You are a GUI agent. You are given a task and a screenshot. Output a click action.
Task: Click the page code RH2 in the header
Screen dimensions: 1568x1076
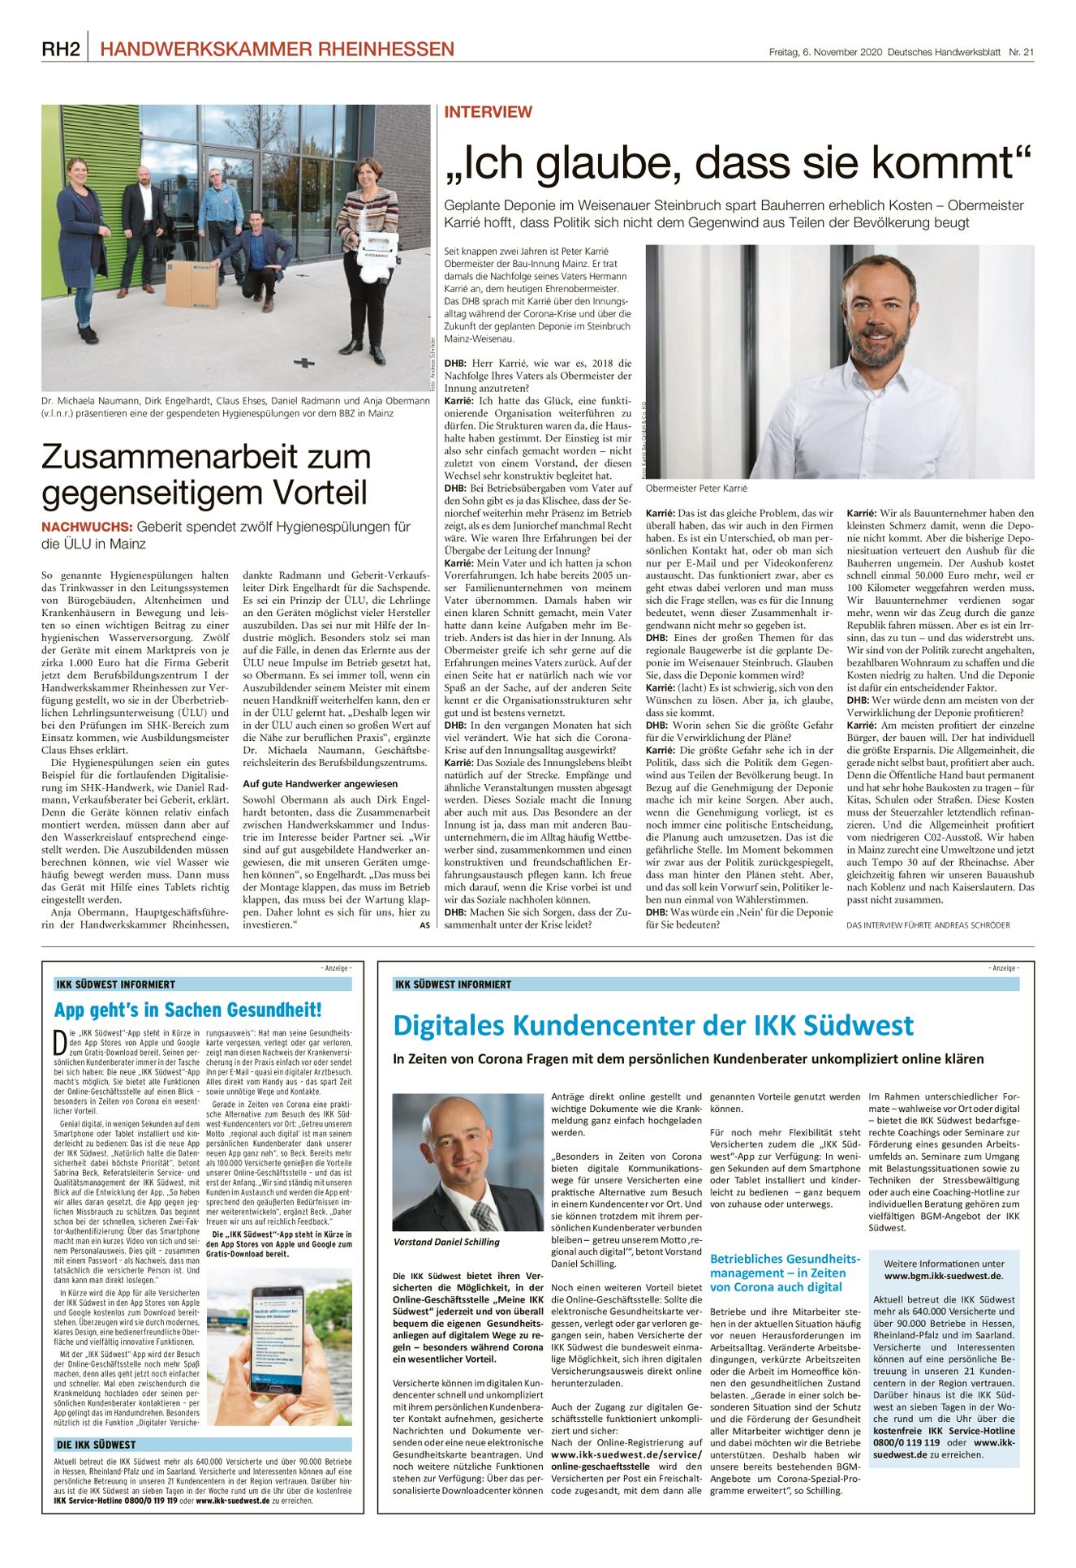point(61,50)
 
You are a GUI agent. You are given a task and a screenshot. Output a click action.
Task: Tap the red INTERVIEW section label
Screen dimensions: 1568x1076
point(488,112)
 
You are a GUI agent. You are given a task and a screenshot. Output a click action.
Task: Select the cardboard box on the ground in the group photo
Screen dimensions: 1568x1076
point(192,284)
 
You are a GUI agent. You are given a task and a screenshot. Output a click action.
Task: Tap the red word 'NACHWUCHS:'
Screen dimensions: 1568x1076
point(87,527)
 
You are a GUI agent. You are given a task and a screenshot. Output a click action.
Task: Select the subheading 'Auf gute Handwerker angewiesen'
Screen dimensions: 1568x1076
point(308,784)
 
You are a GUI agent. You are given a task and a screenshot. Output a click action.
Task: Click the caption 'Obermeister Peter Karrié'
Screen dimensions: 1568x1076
point(696,489)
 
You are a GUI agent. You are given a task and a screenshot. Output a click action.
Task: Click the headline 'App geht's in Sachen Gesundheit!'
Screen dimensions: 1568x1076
point(187,1010)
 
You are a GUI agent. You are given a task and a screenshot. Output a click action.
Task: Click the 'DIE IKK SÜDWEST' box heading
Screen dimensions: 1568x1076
point(96,1445)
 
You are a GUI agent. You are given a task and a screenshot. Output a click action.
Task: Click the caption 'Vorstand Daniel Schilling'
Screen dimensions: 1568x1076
point(446,1242)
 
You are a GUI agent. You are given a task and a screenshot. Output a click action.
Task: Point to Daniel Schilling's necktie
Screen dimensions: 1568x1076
point(485,1213)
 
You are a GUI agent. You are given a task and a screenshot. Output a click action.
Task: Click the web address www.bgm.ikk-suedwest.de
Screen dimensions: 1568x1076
point(943,1276)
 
